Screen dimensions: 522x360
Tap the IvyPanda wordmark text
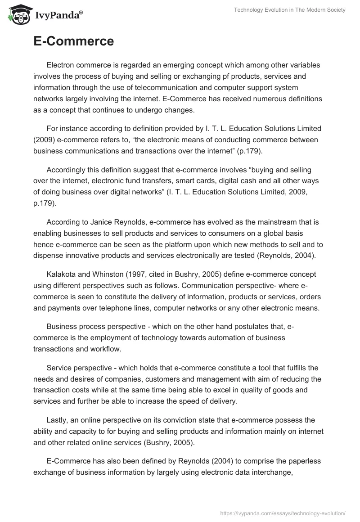point(58,16)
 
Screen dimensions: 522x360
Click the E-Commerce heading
point(73,42)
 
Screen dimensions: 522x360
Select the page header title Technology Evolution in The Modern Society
point(289,10)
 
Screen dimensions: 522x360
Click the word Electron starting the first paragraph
point(61,65)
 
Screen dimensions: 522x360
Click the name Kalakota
point(61,274)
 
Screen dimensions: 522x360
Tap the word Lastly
point(57,420)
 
